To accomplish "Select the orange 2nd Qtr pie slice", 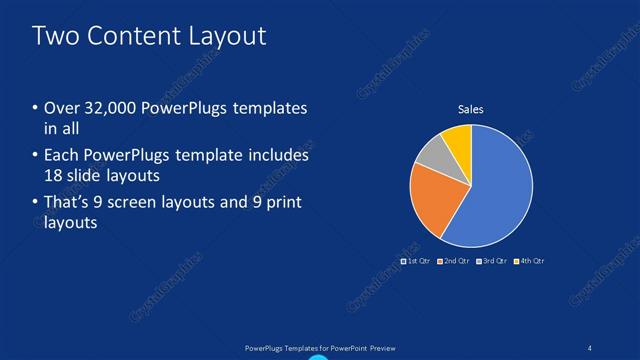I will click(432, 198).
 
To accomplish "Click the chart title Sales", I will click(470, 109).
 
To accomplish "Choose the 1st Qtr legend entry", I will click(415, 261).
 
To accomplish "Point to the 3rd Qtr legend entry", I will click(491, 261).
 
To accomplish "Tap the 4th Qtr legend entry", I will click(529, 261).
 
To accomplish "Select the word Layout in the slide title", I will click(231, 37).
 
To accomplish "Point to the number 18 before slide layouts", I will click(54, 175).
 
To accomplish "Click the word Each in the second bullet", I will click(61, 156).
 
